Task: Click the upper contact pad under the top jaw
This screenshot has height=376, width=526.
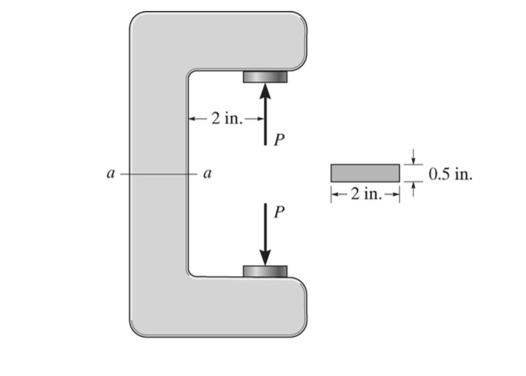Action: [265, 76]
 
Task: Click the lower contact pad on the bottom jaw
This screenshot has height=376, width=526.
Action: [265, 272]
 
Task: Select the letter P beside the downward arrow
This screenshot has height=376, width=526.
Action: [278, 211]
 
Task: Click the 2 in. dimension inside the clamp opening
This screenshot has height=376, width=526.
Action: [225, 117]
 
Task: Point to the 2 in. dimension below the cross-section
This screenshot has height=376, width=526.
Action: [365, 194]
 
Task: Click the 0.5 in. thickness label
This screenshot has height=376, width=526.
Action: [450, 175]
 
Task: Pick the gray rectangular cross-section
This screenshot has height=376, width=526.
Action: [365, 173]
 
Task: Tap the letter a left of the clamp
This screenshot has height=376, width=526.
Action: [109, 174]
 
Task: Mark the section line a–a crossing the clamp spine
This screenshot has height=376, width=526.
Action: [158, 174]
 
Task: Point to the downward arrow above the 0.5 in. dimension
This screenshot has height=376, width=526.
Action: [414, 156]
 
